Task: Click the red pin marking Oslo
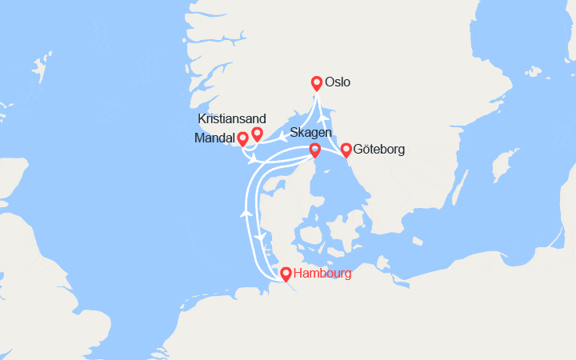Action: tap(317, 82)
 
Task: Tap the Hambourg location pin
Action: tap(286, 274)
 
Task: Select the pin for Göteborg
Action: tap(346, 150)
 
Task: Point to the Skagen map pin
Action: tap(314, 150)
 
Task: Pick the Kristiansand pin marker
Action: tap(257, 133)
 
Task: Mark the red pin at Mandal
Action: tap(242, 138)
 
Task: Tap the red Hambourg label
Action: tap(322, 274)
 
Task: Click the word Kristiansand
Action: tap(232, 118)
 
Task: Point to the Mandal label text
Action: tap(215, 138)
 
